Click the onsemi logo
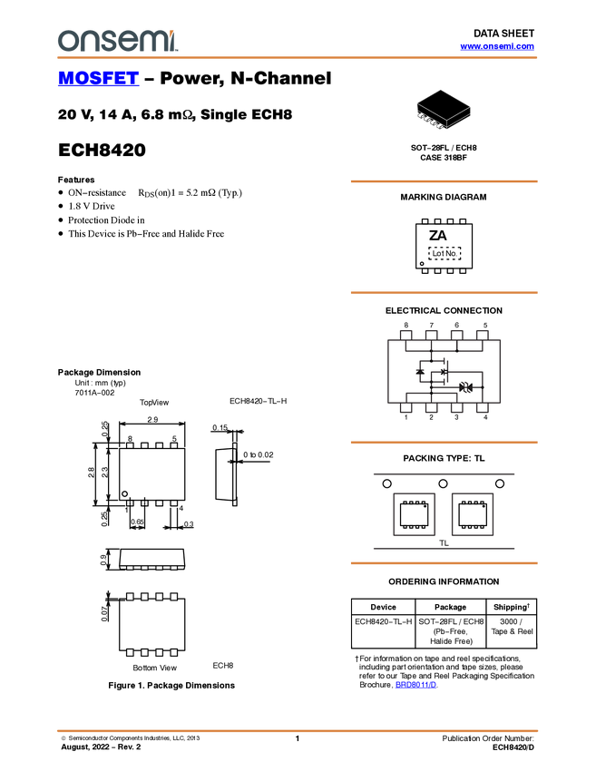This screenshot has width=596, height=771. point(117,41)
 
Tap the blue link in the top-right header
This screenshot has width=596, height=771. point(497,46)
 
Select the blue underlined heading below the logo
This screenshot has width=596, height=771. point(98,79)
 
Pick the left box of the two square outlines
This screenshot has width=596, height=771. point(414,513)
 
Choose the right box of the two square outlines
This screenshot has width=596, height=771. point(473,513)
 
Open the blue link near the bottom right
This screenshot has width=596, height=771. point(416,686)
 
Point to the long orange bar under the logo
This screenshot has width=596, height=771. point(297,58)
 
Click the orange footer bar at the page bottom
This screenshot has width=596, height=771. point(297,730)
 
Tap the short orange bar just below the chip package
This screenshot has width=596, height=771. point(444,181)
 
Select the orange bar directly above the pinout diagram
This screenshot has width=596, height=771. point(444,293)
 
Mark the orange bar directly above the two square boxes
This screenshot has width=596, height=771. point(444,443)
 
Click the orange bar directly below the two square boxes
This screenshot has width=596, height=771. point(444,563)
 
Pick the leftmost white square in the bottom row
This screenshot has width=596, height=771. point(130,652)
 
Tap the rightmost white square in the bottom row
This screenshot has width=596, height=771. point(173,652)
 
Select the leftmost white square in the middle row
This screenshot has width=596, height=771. point(130,597)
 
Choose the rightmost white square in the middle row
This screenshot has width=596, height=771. point(173,597)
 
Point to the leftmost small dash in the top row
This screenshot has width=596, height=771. point(130,568)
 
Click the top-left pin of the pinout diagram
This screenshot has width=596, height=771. point(405,332)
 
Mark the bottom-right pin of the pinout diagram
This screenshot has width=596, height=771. point(483,410)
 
